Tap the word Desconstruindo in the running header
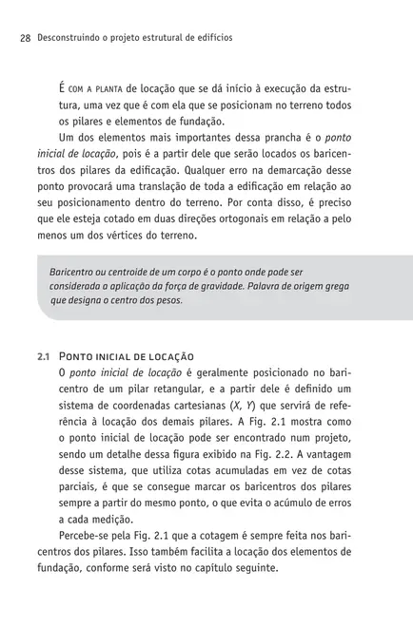click(66, 39)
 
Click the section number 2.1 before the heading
click(43, 353)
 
